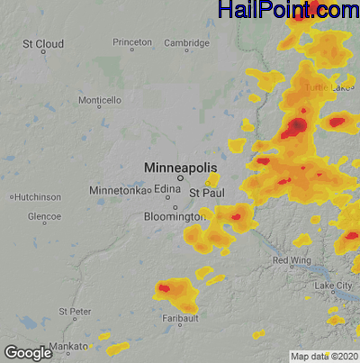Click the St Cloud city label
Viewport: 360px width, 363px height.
(42, 43)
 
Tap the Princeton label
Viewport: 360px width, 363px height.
(132, 42)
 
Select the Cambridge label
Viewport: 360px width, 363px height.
(186, 42)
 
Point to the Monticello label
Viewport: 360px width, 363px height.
(99, 100)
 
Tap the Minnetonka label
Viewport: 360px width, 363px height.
(117, 191)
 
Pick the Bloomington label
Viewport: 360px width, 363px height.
(175, 217)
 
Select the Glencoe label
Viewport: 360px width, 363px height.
(44, 217)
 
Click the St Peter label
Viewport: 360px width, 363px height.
(75, 312)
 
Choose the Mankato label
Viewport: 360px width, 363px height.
(68, 346)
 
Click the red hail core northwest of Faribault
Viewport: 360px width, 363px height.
(165, 288)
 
